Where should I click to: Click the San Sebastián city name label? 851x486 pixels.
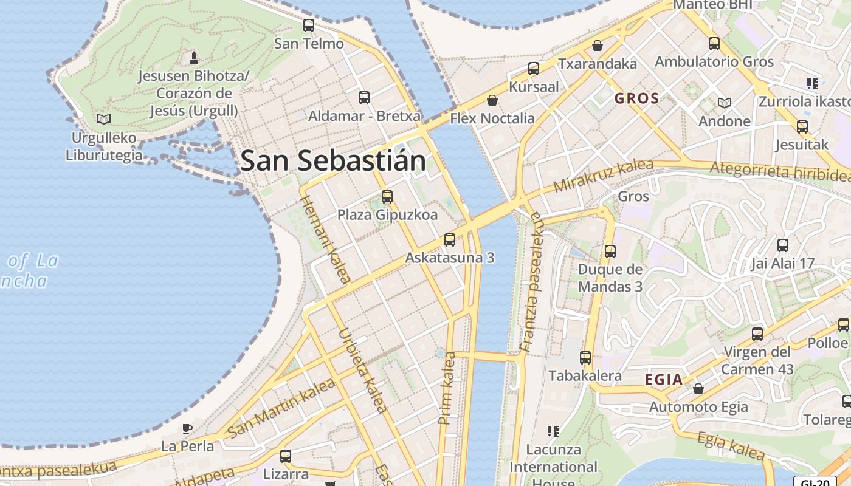pos(333,161)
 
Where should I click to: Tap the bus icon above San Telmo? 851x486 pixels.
pos(309,26)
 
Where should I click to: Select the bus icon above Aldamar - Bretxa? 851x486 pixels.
pos(364,97)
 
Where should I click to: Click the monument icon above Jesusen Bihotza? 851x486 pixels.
pos(194,58)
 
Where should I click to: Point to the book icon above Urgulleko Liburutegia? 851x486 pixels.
pos(104,119)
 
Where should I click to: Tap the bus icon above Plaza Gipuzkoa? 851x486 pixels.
pos(387,196)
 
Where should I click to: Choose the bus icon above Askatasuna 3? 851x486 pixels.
pos(450,239)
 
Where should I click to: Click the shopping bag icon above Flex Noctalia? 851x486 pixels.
pos(492,100)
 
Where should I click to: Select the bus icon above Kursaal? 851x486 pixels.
pos(534,68)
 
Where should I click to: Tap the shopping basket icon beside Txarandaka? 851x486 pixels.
pos(598,46)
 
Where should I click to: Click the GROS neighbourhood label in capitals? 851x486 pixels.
pos(636,98)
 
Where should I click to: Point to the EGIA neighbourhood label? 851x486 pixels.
pos(664,380)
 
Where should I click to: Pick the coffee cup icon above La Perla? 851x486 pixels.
pos(187,428)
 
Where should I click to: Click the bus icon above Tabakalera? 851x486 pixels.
pos(585,357)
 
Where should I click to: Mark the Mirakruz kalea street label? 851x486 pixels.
pos(603,176)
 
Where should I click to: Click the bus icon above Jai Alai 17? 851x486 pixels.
pos(783,245)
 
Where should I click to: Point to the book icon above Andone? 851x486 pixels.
pos(724,103)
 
